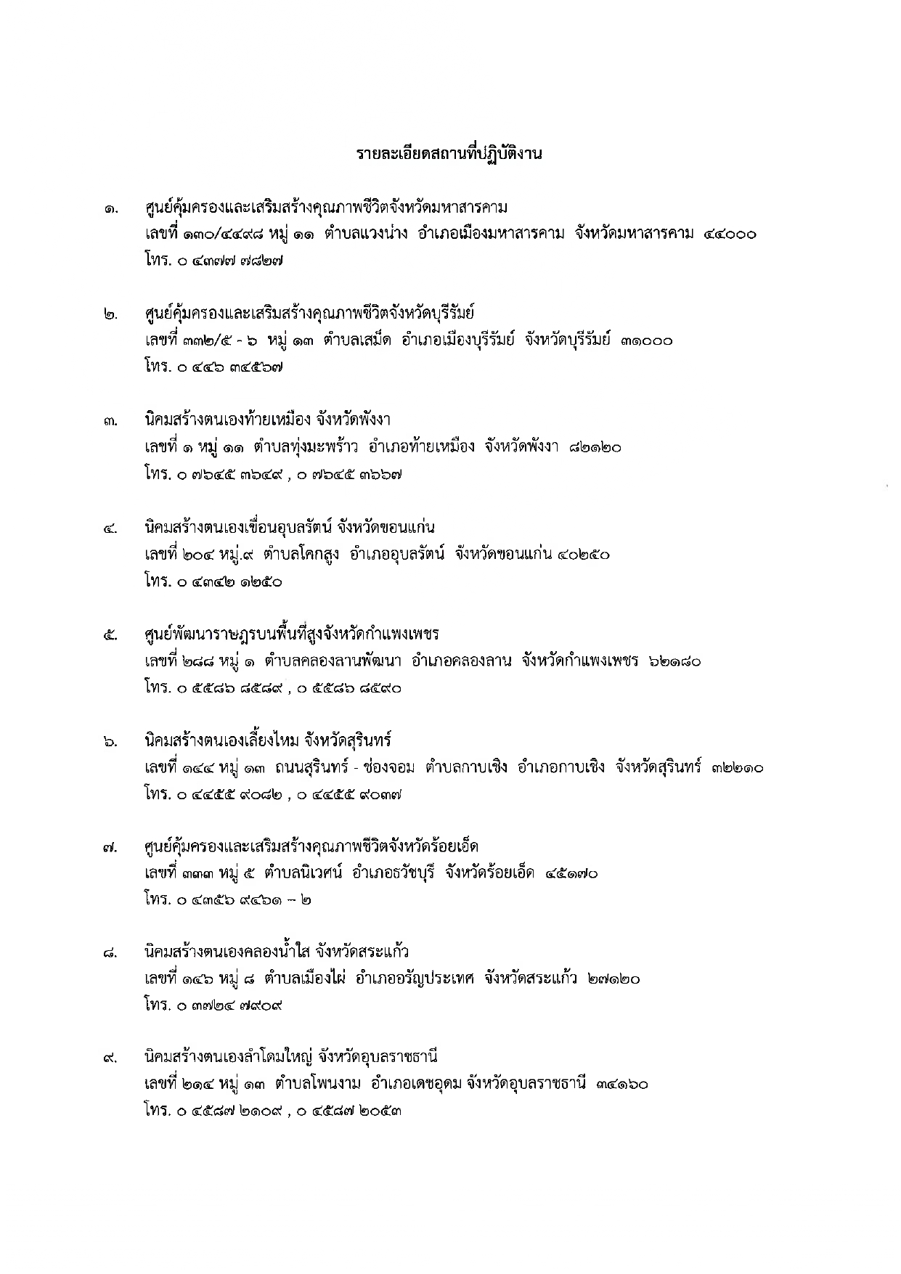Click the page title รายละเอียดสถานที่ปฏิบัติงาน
(x=449, y=155)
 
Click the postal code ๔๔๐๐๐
(x=730, y=234)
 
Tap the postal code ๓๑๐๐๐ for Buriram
(x=646, y=340)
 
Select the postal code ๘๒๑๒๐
(x=595, y=448)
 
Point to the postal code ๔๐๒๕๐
(x=584, y=555)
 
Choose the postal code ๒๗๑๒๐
(x=614, y=979)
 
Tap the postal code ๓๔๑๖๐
(x=621, y=1085)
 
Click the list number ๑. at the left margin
(x=110, y=211)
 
